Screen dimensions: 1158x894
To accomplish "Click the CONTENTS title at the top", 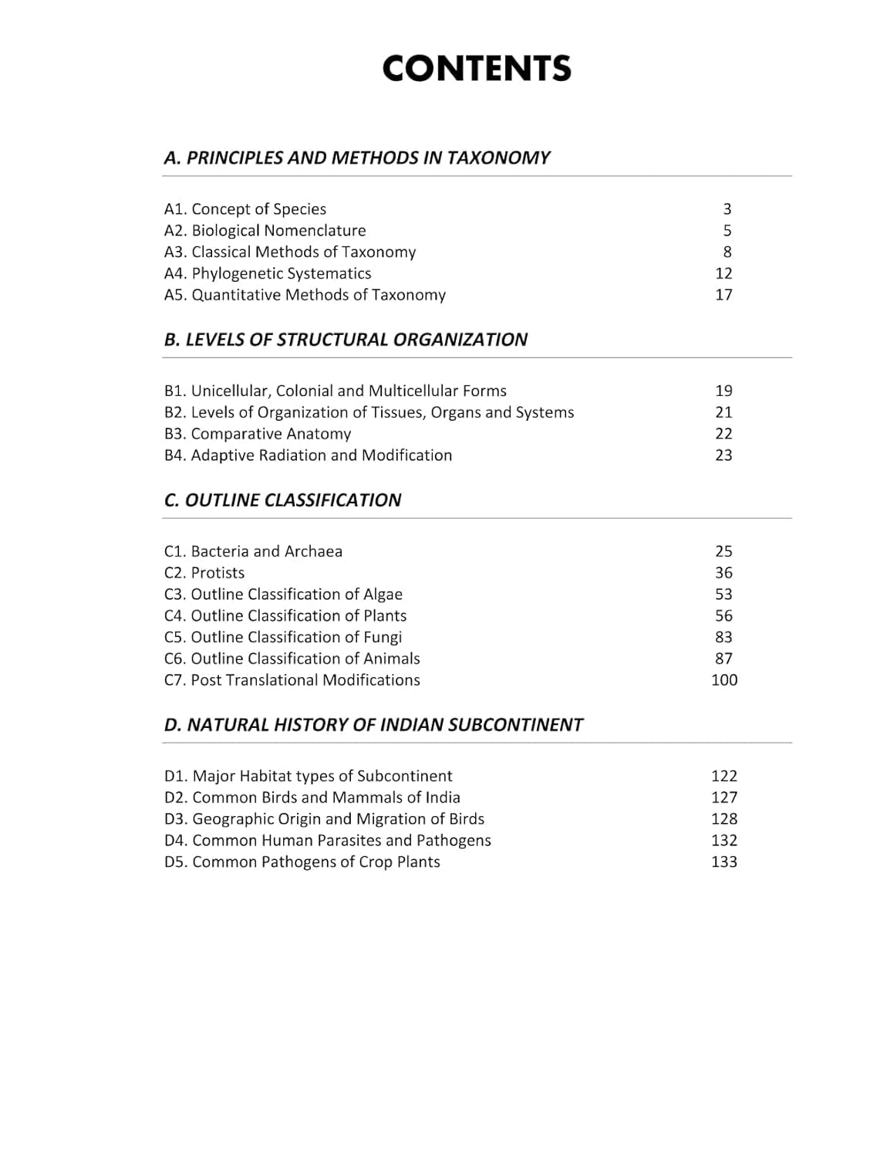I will click(477, 68).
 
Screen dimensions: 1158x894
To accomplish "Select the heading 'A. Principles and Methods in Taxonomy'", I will click(356, 157).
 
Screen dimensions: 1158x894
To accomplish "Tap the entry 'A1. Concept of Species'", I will click(245, 209).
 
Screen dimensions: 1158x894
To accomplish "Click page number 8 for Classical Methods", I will click(727, 252).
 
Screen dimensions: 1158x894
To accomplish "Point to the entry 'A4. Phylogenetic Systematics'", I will click(268, 273).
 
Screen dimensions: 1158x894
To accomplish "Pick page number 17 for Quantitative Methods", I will click(724, 295).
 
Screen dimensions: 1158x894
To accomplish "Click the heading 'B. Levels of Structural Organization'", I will click(346, 340).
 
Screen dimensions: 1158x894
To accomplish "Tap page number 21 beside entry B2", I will click(724, 412).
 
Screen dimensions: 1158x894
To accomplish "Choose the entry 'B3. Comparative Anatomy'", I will click(258, 434).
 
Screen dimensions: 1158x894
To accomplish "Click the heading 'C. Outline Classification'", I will click(282, 500).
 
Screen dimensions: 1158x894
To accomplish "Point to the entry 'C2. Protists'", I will click(204, 573).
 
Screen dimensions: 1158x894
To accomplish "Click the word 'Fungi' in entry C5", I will click(383, 638).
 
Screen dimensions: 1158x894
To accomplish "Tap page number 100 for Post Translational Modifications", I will click(724, 680).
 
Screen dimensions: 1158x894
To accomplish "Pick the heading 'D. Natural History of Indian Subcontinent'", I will click(373, 725).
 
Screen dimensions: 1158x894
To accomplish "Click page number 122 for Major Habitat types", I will click(724, 776).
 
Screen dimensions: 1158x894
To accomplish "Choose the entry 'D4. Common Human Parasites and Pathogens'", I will click(328, 841).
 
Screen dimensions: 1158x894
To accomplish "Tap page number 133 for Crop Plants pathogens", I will click(724, 862).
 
